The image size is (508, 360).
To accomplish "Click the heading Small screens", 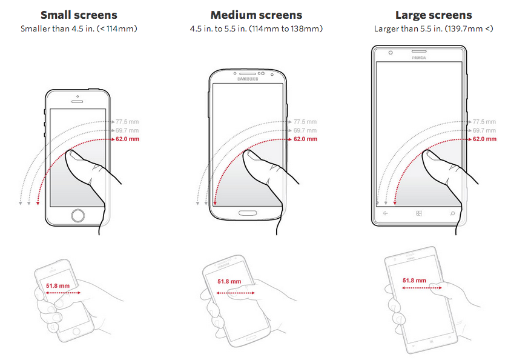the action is [79, 15].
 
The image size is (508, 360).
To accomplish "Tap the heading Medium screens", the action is [256, 15].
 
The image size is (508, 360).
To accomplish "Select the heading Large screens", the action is [434, 15].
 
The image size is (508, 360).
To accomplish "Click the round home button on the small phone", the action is [78, 215].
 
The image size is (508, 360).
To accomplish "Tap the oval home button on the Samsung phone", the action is [248, 213].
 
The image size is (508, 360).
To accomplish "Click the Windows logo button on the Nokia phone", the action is [418, 213].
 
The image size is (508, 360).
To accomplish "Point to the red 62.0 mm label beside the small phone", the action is [127, 139].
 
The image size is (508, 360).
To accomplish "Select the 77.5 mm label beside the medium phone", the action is [305, 122].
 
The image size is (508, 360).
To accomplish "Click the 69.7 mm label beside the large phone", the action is [484, 130].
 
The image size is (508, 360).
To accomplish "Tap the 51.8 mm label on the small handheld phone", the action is [58, 285].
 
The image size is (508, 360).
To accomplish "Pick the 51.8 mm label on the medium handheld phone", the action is [229, 281].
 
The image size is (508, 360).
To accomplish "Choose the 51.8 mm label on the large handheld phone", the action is [414, 280].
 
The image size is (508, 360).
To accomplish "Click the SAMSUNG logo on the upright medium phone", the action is [248, 79].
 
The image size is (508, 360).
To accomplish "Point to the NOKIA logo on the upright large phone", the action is [419, 58].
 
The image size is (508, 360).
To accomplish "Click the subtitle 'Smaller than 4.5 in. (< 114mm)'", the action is [79, 29].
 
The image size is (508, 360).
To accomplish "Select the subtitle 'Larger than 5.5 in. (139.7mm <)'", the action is [434, 29].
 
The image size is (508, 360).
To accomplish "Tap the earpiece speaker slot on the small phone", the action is [77, 101].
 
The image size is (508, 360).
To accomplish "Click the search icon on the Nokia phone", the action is [452, 213].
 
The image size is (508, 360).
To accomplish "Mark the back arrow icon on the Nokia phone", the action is [385, 213].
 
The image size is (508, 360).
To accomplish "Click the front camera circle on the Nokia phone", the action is [391, 53].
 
